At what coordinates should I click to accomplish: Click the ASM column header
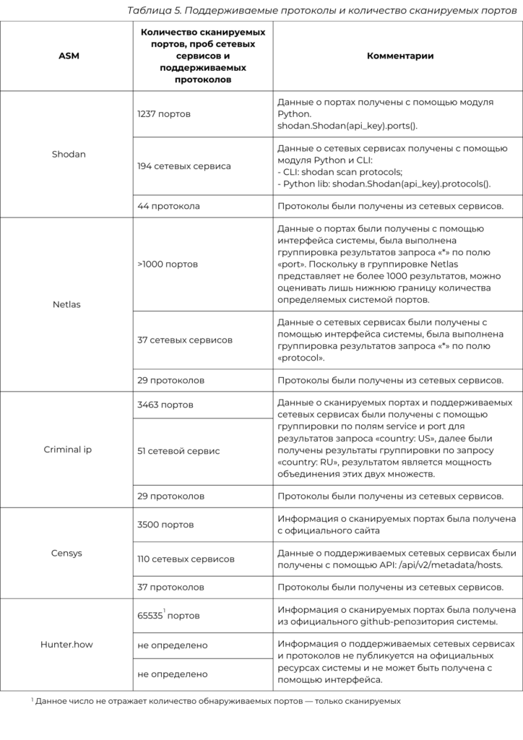coord(69,56)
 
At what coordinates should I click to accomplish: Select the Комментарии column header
coord(400,56)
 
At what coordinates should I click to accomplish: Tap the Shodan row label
coord(69,154)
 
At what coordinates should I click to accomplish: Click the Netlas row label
coord(66,304)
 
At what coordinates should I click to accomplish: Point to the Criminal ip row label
coord(68,449)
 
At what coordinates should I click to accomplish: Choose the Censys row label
coord(67,553)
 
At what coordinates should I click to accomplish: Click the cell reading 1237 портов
coord(164,114)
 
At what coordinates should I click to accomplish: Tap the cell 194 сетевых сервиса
coord(184,166)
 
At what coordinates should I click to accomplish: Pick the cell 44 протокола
coord(168,206)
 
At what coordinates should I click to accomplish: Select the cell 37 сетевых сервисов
coord(185,340)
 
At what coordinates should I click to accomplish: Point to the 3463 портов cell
coord(165,405)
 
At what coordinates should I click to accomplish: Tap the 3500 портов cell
coord(165,525)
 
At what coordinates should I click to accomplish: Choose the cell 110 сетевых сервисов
coord(186,559)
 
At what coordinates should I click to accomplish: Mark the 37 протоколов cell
coord(170,588)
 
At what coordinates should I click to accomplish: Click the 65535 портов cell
coord(169,616)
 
